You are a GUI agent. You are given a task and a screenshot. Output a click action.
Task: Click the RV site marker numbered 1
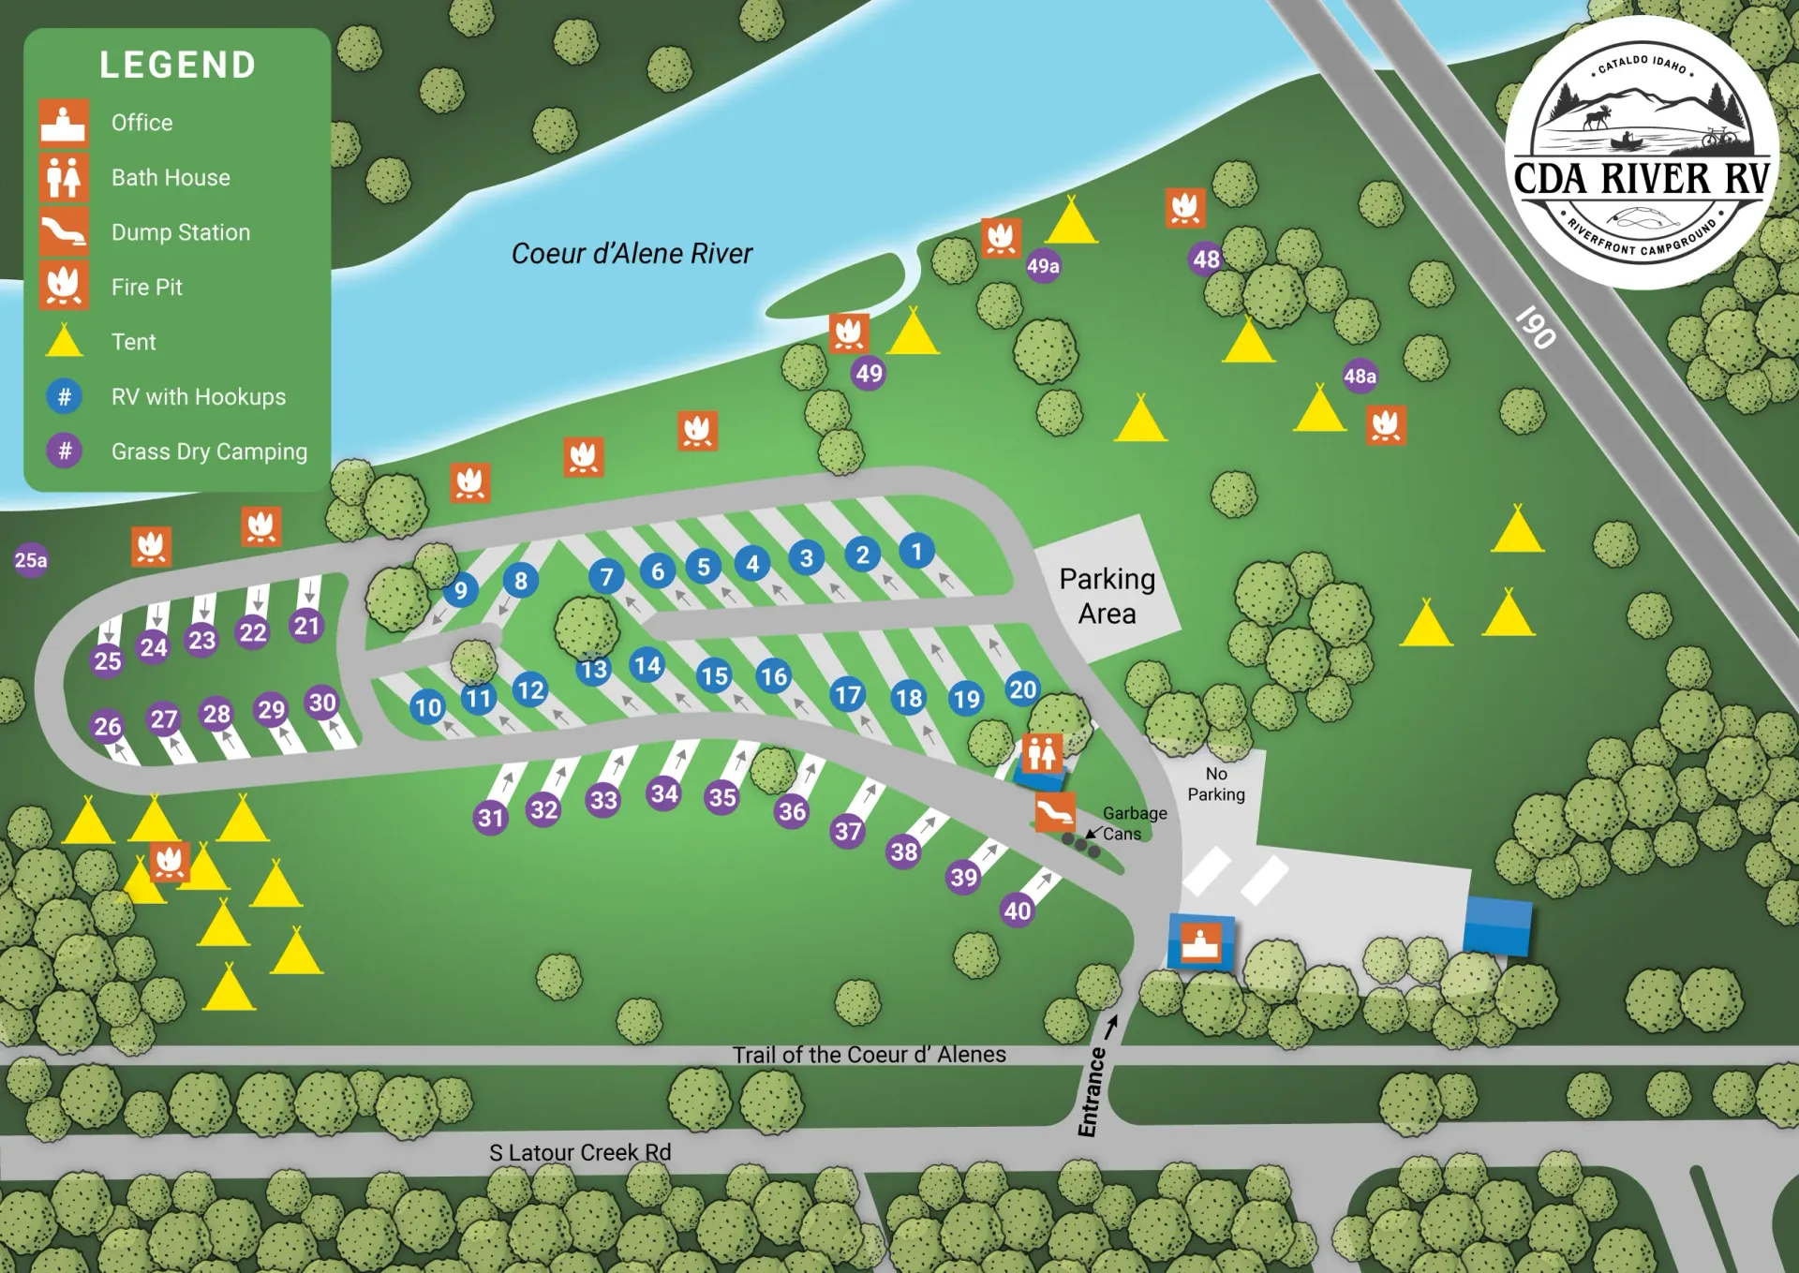916,551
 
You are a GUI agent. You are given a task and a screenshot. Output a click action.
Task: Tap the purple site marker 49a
1043,266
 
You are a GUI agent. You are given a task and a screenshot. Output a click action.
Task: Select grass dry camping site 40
1018,910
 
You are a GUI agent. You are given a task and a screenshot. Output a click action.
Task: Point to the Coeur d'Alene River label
632,254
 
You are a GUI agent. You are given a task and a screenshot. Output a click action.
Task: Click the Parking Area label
1107,596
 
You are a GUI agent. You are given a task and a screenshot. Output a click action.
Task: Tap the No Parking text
1216,784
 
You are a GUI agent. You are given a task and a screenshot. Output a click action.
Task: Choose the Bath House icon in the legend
64,177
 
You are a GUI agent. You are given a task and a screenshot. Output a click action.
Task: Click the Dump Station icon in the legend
64,231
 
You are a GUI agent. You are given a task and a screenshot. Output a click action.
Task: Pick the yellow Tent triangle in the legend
64,341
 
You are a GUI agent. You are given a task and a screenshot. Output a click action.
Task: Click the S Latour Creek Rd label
580,1152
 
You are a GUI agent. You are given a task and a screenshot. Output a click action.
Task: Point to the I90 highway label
1536,327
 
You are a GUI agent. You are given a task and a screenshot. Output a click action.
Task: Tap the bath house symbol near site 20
1042,752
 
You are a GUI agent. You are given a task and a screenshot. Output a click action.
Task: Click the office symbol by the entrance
1200,941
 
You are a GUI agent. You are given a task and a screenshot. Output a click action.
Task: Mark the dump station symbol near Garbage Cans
1055,812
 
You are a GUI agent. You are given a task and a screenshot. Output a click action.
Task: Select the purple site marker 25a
31,560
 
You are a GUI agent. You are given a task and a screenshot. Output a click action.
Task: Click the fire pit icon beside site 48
1185,208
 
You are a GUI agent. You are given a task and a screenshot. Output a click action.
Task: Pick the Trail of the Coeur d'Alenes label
869,1055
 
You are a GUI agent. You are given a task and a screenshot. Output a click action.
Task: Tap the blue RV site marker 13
593,670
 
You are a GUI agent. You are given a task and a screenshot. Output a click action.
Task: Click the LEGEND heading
177,65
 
